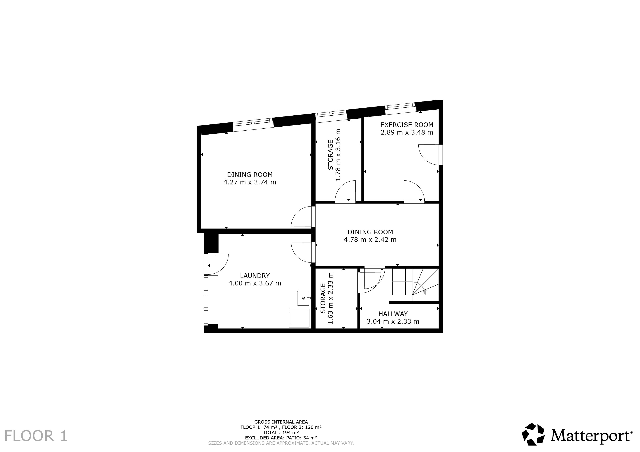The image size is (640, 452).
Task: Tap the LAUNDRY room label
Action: (x=255, y=276)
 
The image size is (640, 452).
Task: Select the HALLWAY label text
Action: (x=393, y=314)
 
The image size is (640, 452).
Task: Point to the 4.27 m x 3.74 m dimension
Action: (x=250, y=182)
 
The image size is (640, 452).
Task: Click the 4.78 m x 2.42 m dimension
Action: (x=370, y=240)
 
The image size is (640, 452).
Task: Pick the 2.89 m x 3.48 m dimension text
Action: (x=407, y=133)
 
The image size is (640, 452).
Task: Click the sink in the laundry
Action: (x=304, y=298)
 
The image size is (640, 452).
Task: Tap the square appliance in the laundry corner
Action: (x=299, y=318)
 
